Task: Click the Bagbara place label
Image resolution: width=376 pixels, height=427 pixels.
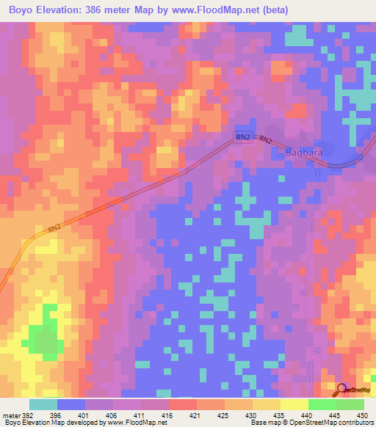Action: (304, 153)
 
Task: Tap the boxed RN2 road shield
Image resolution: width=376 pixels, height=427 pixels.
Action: (243, 138)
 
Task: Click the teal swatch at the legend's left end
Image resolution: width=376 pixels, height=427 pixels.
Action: (43, 404)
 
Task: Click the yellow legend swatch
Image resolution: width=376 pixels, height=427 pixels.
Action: (294, 404)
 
